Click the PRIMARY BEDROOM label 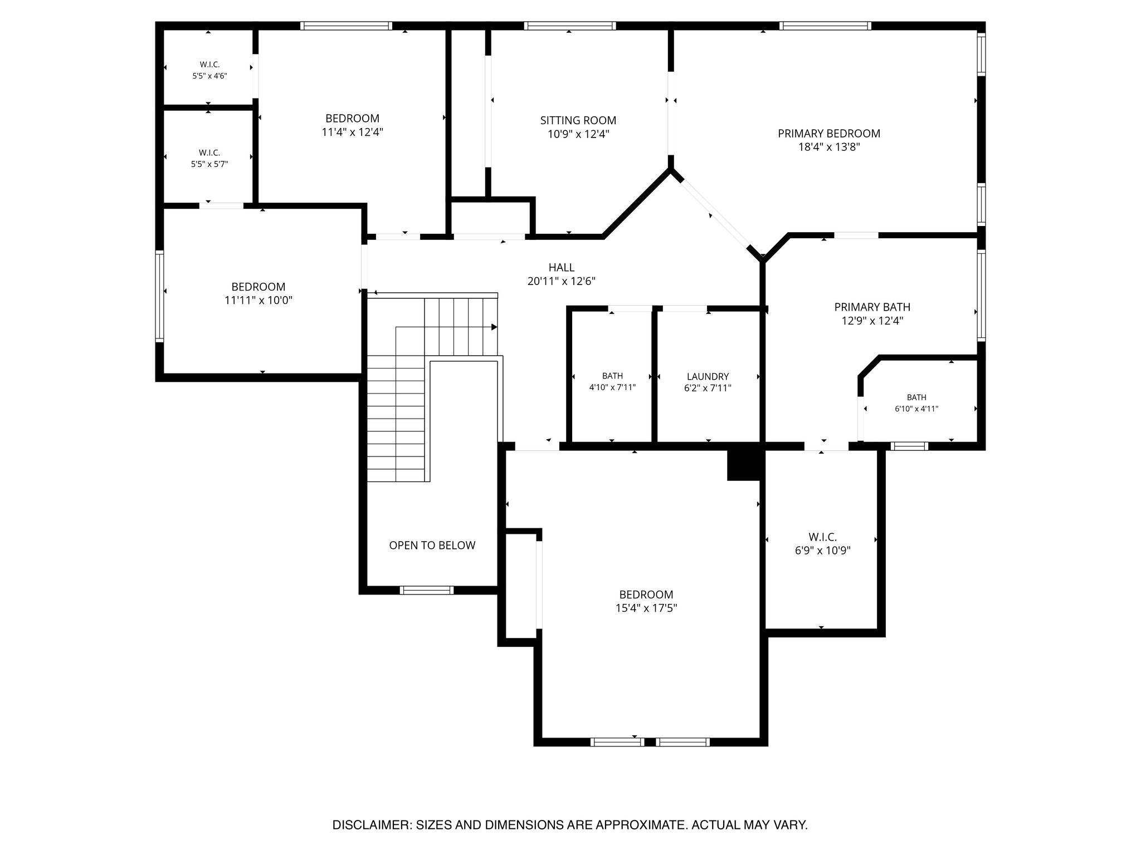pyautogui.click(x=829, y=134)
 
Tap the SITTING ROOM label pyautogui.click(x=578, y=120)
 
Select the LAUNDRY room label pyautogui.click(x=708, y=377)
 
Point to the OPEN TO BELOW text pyautogui.click(x=432, y=546)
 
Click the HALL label pyautogui.click(x=562, y=268)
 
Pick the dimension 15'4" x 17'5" pyautogui.click(x=646, y=608)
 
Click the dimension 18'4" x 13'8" pyautogui.click(x=829, y=148)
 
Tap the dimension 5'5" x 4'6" pyautogui.click(x=209, y=76)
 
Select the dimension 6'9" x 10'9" pyautogui.click(x=822, y=551)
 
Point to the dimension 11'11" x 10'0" pyautogui.click(x=259, y=301)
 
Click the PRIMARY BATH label pyautogui.click(x=872, y=307)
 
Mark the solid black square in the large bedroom pyautogui.click(x=744, y=465)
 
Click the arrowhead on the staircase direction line pyautogui.click(x=494, y=327)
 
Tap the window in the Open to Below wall pyautogui.click(x=427, y=590)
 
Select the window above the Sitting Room pyautogui.click(x=570, y=26)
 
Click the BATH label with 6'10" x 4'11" pyautogui.click(x=916, y=397)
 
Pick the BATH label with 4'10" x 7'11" pyautogui.click(x=612, y=376)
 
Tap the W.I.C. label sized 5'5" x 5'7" pyautogui.click(x=209, y=153)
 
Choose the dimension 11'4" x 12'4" pyautogui.click(x=352, y=132)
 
